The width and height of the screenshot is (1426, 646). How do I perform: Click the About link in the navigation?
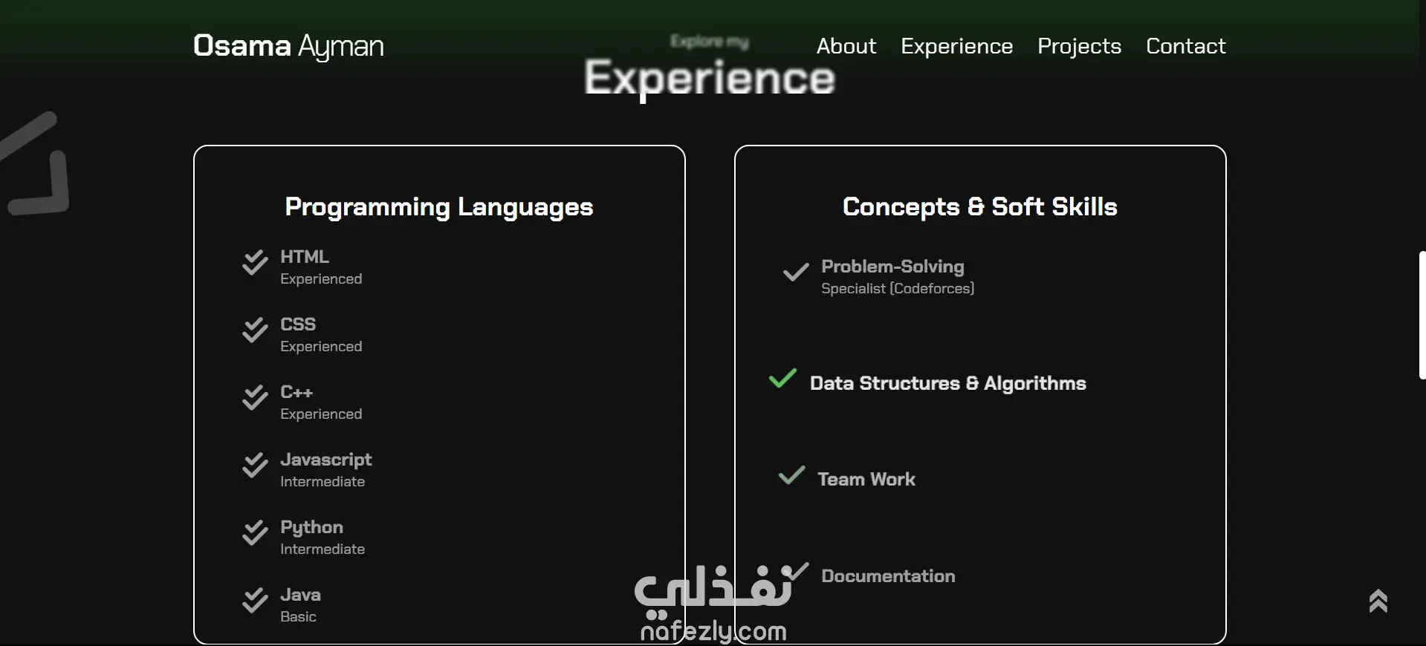(x=846, y=46)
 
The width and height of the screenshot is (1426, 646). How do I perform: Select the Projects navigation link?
(x=1079, y=46)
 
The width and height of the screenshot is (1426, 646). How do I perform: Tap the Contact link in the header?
(x=1186, y=46)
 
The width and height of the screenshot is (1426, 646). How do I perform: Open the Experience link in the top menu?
(x=957, y=46)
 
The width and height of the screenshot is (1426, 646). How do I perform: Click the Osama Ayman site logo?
(x=288, y=46)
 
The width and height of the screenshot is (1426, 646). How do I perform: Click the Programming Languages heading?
(x=439, y=206)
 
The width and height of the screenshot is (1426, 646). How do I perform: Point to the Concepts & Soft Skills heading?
(x=980, y=206)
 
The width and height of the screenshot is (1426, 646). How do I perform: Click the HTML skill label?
(x=305, y=256)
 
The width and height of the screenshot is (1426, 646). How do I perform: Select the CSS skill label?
(x=298, y=324)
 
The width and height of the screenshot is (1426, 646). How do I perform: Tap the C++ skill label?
(x=296, y=391)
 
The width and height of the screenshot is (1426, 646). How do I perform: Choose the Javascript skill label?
(x=326, y=460)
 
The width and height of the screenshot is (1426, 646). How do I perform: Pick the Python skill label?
(x=312, y=527)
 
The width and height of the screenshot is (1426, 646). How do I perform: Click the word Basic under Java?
(x=298, y=616)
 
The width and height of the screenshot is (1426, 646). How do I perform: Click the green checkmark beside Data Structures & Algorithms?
(x=782, y=379)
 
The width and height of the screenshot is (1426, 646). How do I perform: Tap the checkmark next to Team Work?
(x=791, y=475)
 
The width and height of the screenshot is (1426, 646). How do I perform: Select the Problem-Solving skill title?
(x=892, y=266)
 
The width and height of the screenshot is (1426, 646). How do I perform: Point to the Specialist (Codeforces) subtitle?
(x=898, y=288)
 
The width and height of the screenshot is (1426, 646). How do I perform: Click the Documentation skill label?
(x=888, y=575)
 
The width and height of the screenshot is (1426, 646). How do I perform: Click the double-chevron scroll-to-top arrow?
(x=1378, y=601)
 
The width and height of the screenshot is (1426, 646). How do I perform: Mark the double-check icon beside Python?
(x=255, y=532)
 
